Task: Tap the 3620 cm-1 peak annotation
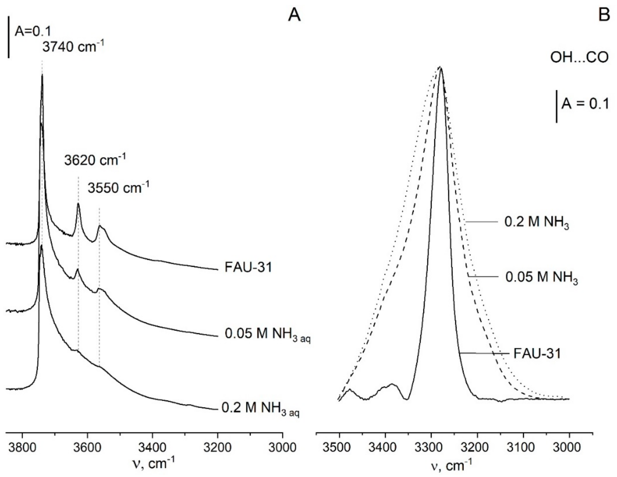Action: tap(95, 160)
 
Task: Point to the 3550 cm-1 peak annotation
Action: tap(118, 188)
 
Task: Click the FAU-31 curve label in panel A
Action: tap(248, 267)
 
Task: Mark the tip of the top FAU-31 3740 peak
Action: tap(42, 75)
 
